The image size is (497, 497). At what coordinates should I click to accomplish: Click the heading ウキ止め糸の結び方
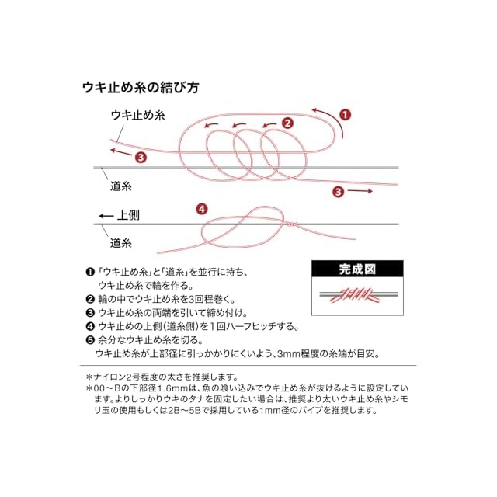(x=141, y=88)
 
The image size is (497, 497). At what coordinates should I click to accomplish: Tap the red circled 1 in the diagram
(x=345, y=115)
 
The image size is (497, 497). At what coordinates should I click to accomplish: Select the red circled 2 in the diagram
(x=287, y=123)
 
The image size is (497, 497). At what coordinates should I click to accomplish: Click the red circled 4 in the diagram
(x=202, y=209)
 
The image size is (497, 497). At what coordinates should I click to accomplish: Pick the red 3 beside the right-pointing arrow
(x=339, y=192)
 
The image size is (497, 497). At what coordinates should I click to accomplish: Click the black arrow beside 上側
(x=106, y=216)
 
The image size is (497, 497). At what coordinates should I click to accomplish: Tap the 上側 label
(x=128, y=216)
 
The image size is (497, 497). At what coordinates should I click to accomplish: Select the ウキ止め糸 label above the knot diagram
(x=138, y=115)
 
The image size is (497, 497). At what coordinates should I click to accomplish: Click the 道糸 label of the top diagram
(x=121, y=186)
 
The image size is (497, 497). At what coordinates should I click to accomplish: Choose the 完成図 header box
(x=357, y=269)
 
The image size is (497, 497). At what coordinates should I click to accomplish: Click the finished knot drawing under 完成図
(x=358, y=295)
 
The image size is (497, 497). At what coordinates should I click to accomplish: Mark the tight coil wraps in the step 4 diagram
(x=292, y=224)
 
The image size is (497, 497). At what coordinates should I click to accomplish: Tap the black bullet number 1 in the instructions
(x=90, y=273)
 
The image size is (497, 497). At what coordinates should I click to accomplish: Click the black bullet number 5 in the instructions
(x=90, y=340)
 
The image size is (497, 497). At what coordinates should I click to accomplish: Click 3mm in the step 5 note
(x=288, y=354)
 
